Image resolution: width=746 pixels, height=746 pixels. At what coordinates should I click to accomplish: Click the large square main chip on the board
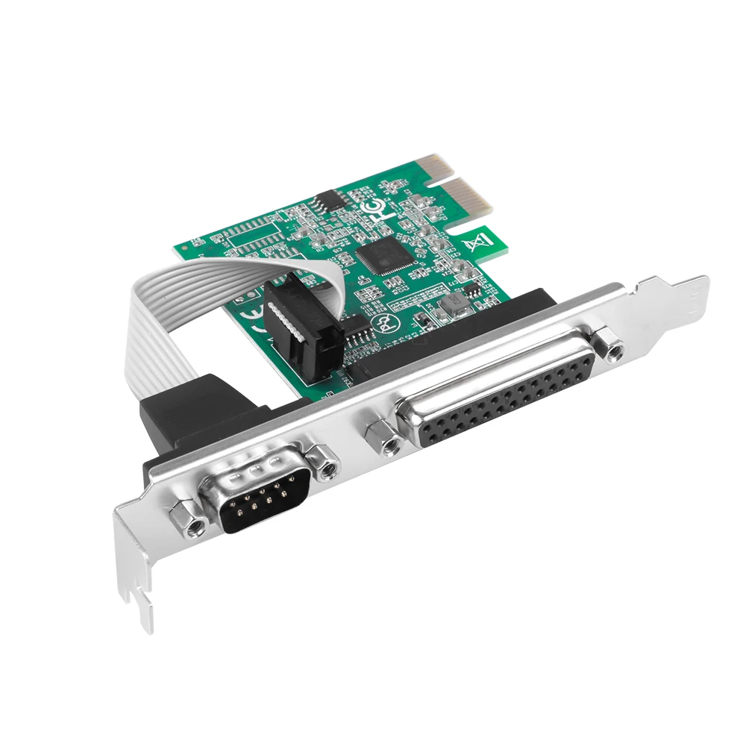pyautogui.click(x=380, y=254)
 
